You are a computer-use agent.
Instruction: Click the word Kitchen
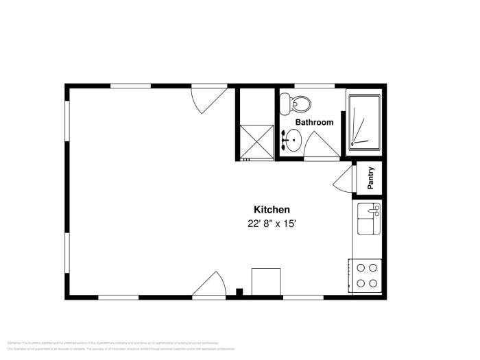272,210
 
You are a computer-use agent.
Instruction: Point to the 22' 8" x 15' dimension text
272,224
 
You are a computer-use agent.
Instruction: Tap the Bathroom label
314,123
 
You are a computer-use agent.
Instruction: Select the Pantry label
371,178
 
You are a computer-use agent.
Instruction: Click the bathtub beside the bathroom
364,121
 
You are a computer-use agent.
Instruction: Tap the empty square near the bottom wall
266,281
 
